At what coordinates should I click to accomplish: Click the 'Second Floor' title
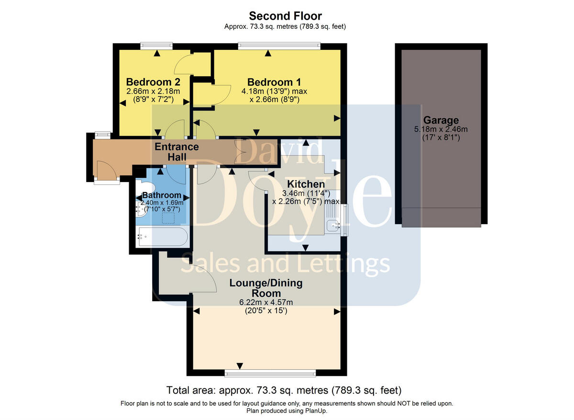click(x=285, y=16)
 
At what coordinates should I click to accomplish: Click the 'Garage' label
click(x=441, y=120)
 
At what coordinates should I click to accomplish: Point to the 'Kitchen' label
click(x=306, y=184)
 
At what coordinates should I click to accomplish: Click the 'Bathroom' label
click(x=162, y=195)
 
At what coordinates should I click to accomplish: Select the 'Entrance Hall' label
click(x=177, y=151)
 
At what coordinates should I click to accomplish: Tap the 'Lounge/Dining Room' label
click(x=266, y=288)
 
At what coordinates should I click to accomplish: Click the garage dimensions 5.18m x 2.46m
click(x=441, y=129)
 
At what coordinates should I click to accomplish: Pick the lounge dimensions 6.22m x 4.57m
click(x=266, y=302)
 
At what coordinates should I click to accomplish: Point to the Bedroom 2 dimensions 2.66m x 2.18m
click(x=153, y=91)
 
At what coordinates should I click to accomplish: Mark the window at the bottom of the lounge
click(x=270, y=372)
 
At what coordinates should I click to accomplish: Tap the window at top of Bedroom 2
click(x=156, y=46)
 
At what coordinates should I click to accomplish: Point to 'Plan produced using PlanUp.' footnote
click(x=287, y=411)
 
